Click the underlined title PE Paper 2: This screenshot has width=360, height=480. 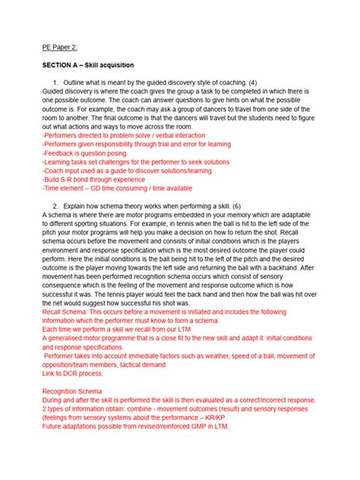(x=61, y=46)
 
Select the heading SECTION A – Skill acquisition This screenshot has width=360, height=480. (x=94, y=66)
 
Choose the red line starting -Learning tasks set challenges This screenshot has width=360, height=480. (x=137, y=162)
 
